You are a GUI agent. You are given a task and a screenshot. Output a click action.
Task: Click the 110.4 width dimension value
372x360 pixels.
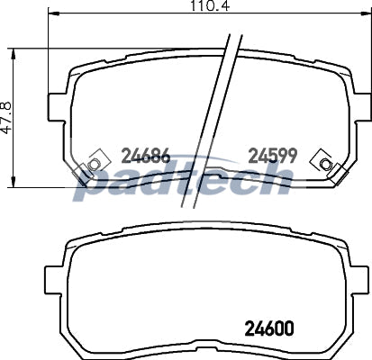coord(210,6)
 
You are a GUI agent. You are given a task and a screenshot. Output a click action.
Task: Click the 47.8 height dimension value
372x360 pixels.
coord(6,117)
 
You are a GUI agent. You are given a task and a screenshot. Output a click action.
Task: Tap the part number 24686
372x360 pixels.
coord(146,156)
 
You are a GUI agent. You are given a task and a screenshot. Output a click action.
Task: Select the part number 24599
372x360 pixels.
coord(273,156)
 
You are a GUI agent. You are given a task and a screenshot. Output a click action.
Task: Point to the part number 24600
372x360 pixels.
coord(269,328)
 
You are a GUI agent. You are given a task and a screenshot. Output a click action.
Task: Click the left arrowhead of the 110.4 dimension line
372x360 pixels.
coord(53,13)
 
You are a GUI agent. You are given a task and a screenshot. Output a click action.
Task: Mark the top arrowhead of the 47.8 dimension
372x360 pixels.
coord(13,54)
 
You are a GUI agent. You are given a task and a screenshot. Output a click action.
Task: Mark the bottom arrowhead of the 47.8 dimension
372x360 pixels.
coord(13,182)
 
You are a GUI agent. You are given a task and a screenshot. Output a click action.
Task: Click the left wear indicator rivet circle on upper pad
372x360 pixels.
coord(94,164)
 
